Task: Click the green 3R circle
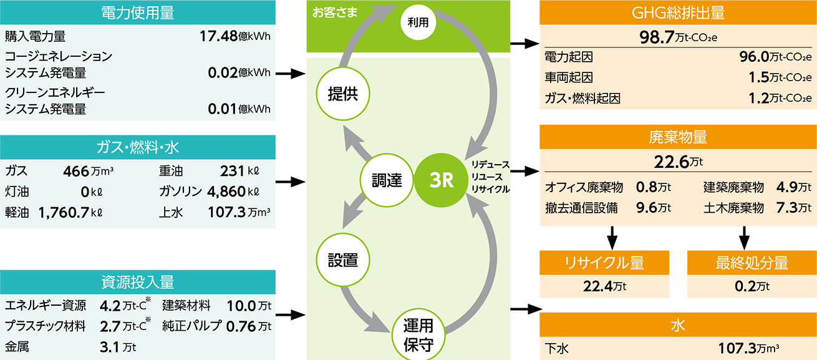coord(441,181)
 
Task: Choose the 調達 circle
coord(387,181)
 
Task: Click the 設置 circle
coord(342,260)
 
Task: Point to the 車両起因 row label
coord(568,78)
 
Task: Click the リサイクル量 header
coord(603,263)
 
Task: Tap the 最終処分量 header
coord(752,263)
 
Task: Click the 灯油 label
coord(16,191)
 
